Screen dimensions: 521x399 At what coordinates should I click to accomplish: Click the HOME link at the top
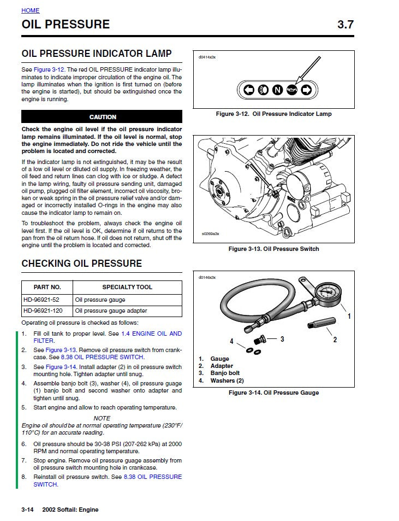pyautogui.click(x=31, y=10)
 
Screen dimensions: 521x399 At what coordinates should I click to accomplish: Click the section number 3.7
pyautogui.click(x=346, y=25)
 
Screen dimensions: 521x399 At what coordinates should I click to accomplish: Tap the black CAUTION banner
pyautogui.click(x=102, y=117)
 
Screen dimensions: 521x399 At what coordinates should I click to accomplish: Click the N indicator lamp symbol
pyautogui.click(x=277, y=90)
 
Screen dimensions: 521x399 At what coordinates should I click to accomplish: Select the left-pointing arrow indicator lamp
pyautogui.click(x=249, y=90)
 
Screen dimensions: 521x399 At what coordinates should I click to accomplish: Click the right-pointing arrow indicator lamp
pyautogui.click(x=306, y=90)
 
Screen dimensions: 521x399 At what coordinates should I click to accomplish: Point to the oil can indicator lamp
pyautogui.click(x=291, y=90)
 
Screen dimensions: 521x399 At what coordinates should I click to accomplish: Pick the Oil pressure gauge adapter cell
pyautogui.click(x=111, y=311)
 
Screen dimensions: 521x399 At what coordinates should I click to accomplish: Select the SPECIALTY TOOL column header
pyautogui.click(x=127, y=287)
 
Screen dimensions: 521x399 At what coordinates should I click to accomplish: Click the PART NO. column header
pyautogui.click(x=47, y=287)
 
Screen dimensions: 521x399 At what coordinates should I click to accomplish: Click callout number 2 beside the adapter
pyautogui.click(x=335, y=339)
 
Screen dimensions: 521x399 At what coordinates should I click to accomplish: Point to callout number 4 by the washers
pyautogui.click(x=231, y=341)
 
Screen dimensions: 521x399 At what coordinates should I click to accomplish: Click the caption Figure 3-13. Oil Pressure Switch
pyautogui.click(x=273, y=249)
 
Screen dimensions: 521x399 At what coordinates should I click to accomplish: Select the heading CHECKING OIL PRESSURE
pyautogui.click(x=81, y=264)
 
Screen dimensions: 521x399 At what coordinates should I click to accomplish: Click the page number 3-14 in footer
pyautogui.click(x=28, y=510)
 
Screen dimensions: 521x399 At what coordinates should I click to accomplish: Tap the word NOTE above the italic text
pyautogui.click(x=102, y=418)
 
